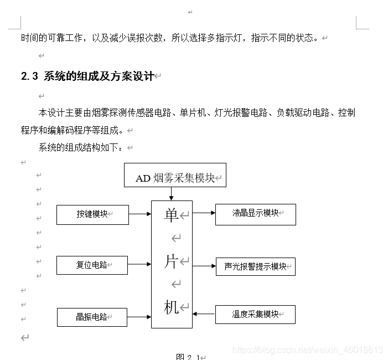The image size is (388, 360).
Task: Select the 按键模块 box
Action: coord(92,214)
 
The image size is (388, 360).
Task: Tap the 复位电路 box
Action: coord(92,265)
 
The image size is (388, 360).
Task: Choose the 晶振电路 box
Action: coord(92,317)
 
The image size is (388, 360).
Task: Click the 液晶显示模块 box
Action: coord(256,214)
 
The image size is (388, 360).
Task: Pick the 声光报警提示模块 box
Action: coord(256,266)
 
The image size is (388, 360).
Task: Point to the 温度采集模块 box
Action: coord(255,315)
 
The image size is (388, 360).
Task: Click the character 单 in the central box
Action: coord(171,215)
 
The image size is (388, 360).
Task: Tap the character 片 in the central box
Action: coord(171,261)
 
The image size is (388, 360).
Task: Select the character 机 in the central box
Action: coord(171,307)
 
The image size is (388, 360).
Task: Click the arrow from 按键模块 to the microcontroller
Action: coord(140,214)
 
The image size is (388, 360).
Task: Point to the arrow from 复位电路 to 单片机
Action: coord(139,265)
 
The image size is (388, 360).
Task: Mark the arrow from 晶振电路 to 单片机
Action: coord(139,317)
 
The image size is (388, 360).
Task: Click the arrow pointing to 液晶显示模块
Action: coord(204,212)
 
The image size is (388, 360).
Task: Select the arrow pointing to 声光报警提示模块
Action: coord(204,266)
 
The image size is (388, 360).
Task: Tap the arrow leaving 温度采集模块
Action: coord(204,314)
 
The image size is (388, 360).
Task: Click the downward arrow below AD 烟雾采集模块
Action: coord(171,193)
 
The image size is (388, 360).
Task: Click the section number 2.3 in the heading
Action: coord(29,76)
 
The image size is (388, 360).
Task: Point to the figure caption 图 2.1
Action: coord(188,356)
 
